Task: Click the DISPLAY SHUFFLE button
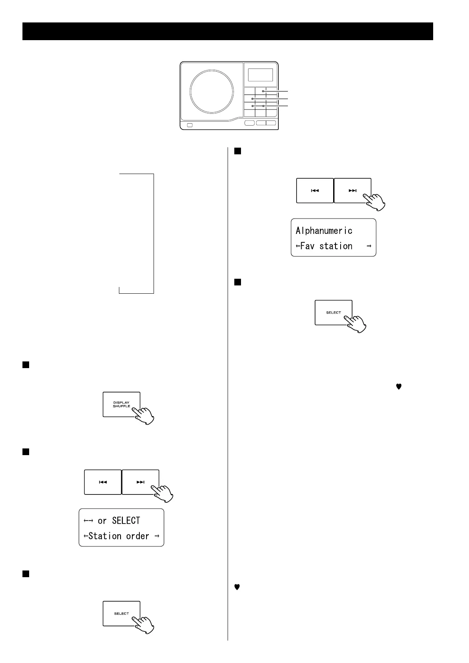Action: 121,404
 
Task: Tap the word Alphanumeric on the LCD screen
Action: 324,230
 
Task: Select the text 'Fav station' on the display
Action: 326,246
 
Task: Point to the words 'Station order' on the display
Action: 119,536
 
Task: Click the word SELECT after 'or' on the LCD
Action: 126,520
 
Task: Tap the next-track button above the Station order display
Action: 141,482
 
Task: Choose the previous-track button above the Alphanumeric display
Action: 315,191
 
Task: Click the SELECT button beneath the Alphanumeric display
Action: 333,313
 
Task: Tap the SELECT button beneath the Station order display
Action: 121,613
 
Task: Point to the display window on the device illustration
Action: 260,75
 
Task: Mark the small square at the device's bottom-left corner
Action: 190,125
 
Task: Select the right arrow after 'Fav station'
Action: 369,246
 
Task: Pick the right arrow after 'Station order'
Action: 157,536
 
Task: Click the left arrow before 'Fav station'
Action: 298,246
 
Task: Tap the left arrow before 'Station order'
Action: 86,536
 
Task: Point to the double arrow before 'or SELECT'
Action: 88,520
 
